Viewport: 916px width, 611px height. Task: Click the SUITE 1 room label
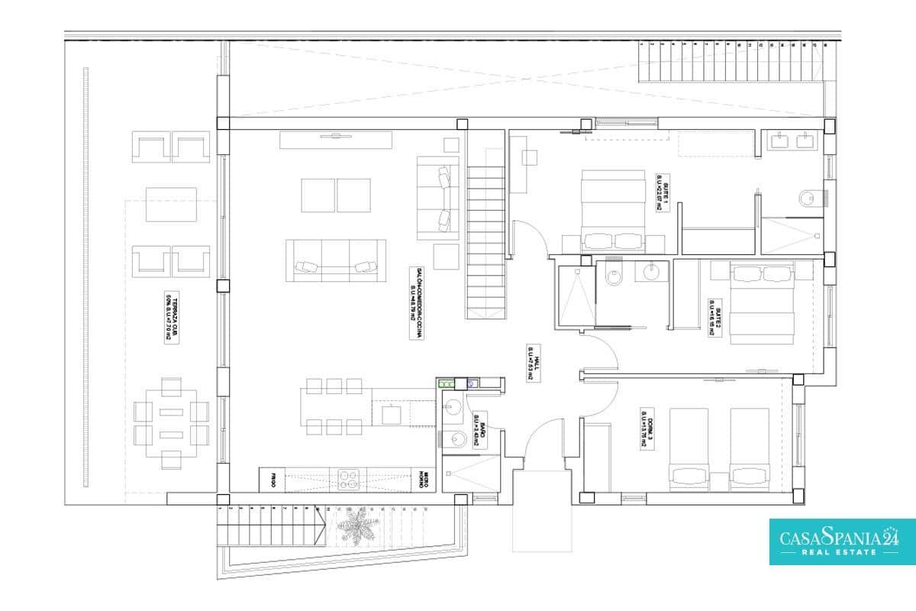click(x=662, y=191)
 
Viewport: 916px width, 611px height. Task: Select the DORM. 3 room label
click(x=647, y=425)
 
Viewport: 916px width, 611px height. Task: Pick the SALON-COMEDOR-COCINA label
click(x=416, y=302)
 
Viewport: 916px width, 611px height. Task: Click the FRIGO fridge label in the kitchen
click(x=272, y=480)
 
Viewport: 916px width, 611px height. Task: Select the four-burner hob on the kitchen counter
click(x=349, y=478)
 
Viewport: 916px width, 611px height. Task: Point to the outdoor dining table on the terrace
click(x=171, y=423)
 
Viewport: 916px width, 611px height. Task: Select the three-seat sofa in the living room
click(x=336, y=264)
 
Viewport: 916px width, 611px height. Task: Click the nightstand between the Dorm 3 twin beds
click(x=718, y=481)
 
